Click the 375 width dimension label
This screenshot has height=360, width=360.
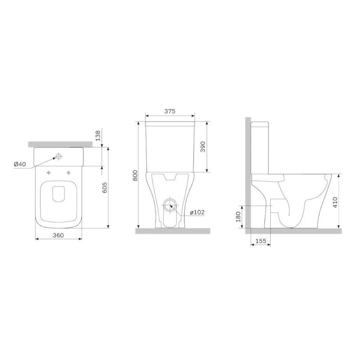(x=170, y=111)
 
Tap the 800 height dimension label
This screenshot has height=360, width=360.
(x=135, y=175)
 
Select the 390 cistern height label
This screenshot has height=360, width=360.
(x=203, y=147)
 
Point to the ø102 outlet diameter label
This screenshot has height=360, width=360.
(x=197, y=212)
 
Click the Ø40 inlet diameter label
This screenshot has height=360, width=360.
(x=20, y=164)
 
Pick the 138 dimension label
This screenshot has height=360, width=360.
(x=98, y=135)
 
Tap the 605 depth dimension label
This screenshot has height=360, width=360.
(x=104, y=188)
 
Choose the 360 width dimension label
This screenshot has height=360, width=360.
(x=58, y=235)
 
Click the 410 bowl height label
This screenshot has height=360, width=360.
(x=335, y=202)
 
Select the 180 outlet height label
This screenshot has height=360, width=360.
(x=238, y=217)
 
